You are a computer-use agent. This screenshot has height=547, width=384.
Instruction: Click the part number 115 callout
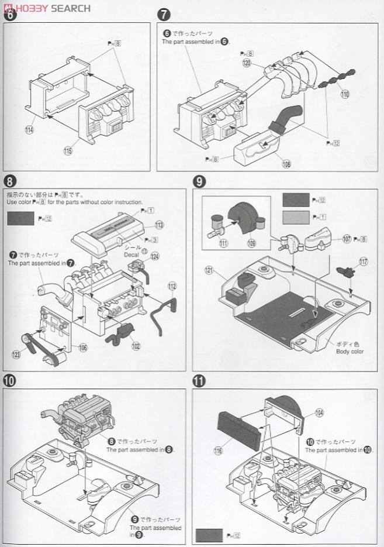click(68, 151)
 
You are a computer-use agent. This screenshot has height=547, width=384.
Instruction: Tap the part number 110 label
click(345, 94)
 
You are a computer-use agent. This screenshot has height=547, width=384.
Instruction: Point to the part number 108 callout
click(286, 164)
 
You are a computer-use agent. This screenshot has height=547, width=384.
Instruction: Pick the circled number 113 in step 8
click(160, 225)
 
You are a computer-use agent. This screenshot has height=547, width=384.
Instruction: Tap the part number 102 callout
click(137, 346)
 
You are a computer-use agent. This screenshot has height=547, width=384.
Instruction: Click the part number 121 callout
click(210, 270)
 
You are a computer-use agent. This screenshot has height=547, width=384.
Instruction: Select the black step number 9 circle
click(199, 181)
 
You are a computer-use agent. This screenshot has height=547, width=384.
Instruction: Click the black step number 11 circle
click(199, 381)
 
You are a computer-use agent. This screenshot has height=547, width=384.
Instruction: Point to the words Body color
click(350, 351)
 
